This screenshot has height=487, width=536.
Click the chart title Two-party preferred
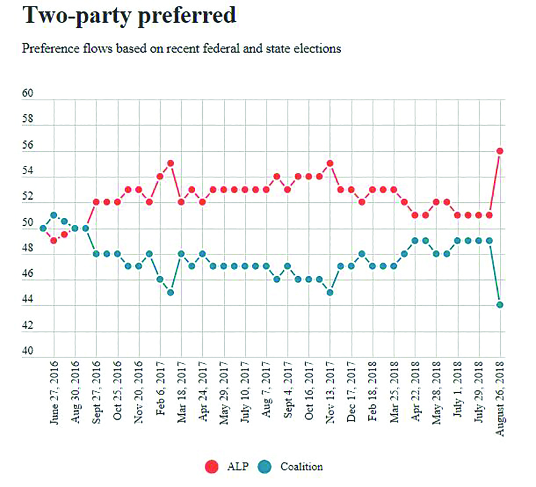129,16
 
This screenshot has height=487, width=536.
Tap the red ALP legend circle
211,466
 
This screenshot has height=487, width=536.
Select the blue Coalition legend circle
264,466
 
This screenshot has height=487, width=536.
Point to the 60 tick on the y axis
27,93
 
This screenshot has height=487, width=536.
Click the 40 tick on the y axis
27,351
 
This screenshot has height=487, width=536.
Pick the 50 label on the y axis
27,222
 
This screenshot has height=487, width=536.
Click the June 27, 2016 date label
54,392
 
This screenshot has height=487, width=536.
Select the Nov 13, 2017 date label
330,392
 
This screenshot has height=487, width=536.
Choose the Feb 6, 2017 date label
160,388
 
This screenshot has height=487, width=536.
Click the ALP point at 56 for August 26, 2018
500,151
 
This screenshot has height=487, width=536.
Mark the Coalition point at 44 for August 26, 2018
500,305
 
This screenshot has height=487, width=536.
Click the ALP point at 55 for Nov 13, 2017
330,163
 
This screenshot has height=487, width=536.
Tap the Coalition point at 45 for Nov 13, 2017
330,292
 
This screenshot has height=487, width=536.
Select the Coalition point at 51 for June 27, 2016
54,215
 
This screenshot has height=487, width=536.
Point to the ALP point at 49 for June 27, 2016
54,241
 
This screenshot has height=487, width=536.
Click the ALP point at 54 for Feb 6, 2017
160,176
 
